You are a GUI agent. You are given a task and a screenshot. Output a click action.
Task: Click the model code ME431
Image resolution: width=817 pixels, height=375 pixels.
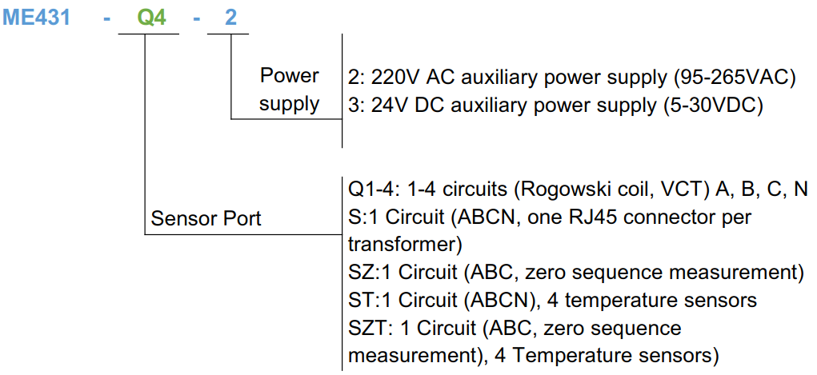tap(36, 17)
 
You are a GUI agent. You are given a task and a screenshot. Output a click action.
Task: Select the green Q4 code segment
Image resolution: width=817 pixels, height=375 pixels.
tap(152, 17)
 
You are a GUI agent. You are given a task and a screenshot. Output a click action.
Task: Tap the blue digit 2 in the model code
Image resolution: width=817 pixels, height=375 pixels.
tap(230, 17)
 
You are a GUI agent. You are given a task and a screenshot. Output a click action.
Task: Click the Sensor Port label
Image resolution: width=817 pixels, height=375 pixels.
tap(206, 218)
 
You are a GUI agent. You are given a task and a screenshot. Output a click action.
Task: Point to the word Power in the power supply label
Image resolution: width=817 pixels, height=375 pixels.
tap(289, 76)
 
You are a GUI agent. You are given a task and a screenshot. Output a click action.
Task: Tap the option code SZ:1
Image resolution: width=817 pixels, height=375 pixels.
tap(370, 272)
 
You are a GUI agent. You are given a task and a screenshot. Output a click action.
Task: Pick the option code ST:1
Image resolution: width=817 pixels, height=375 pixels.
tap(370, 300)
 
